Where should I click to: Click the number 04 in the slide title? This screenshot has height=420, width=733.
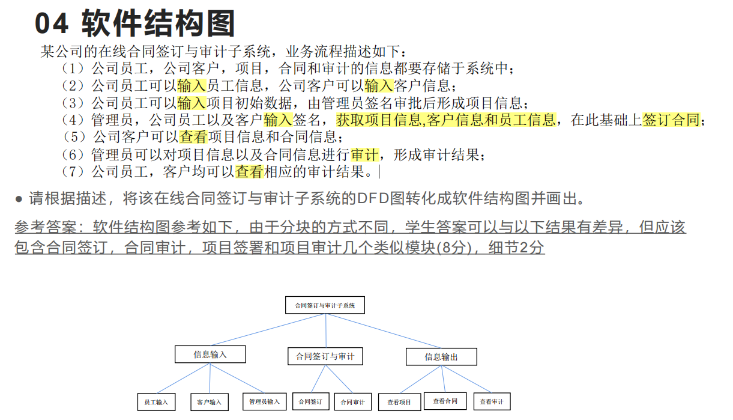pos(53,25)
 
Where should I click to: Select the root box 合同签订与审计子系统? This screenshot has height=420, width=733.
pos(325,305)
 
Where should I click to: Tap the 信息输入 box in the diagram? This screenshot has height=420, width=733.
pos(210,355)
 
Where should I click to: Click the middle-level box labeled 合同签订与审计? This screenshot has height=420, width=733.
pos(325,356)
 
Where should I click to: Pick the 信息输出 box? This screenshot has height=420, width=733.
pos(441,357)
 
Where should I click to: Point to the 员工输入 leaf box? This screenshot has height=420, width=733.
pos(156,402)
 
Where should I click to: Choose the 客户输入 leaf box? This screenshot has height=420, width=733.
pos(209,402)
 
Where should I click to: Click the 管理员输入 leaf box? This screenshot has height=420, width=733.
pos(264,401)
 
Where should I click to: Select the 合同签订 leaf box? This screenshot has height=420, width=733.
pos(311,401)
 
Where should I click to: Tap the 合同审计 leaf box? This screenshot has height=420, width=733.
pos(353,402)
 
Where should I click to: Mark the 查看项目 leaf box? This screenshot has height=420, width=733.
pos(399,402)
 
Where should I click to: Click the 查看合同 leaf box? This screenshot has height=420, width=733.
pos(445,401)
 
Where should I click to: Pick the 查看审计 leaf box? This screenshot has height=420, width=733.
pos(491,402)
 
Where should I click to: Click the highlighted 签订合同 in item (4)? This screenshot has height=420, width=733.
pos(671,120)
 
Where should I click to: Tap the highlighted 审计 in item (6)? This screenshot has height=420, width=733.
pos(365,154)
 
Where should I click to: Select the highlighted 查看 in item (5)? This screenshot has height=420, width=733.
pos(193,137)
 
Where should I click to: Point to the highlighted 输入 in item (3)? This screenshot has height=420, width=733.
pos(192,102)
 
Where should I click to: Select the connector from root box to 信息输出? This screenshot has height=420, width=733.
pos(384,331)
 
